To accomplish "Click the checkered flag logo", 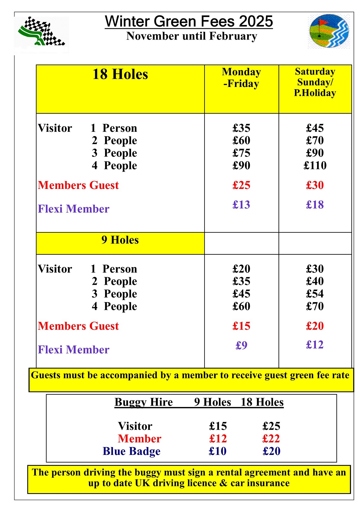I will (x=42, y=32).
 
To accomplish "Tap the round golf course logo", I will (x=329, y=31).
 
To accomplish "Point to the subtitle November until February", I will (x=192, y=36).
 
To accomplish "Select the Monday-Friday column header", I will (x=241, y=78).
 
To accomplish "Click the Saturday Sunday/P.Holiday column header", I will (x=315, y=82).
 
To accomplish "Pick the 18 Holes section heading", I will (x=120, y=74).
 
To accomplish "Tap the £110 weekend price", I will (x=315, y=165).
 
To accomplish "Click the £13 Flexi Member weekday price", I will (x=241, y=205).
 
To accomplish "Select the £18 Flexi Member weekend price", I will (x=315, y=205).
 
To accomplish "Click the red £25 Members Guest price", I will (x=241, y=185).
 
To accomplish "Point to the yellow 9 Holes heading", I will (x=120, y=240).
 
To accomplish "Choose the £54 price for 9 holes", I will (x=315, y=294).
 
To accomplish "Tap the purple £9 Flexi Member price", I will (x=241, y=345).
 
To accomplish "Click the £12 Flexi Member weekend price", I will (x=315, y=345).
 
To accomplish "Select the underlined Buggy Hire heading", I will (x=144, y=402).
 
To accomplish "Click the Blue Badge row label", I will (x=131, y=451).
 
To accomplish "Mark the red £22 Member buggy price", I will (x=271, y=439).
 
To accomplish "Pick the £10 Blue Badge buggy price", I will (x=218, y=451).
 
